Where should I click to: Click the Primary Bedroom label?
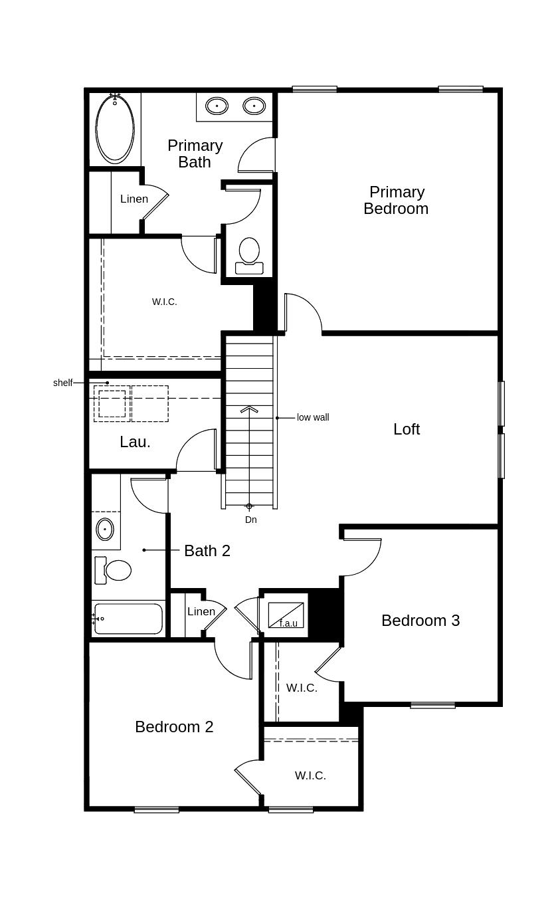396,200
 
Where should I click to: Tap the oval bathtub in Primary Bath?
115,128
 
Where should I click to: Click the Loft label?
406,429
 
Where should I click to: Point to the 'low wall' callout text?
312,417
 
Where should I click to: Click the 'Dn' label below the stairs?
250,520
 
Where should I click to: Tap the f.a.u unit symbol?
286,615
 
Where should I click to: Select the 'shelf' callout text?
62,383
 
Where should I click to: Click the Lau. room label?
135,442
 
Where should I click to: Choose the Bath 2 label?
207,551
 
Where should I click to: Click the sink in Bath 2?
105,530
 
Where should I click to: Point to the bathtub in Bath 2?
128,619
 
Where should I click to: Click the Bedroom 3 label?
420,621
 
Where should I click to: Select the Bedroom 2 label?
174,727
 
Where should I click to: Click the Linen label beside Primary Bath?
134,199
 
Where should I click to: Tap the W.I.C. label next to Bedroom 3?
302,688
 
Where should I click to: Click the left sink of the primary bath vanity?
217,106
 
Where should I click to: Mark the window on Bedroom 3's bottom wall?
432,705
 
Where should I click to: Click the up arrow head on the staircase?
249,409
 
